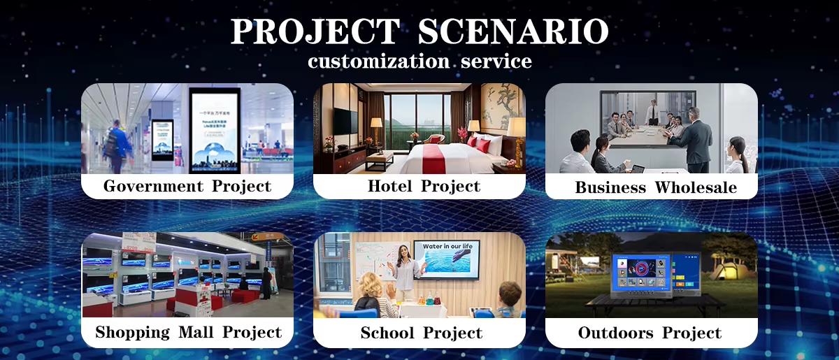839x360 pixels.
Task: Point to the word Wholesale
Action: (696, 187)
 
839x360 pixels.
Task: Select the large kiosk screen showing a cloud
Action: (215, 131)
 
